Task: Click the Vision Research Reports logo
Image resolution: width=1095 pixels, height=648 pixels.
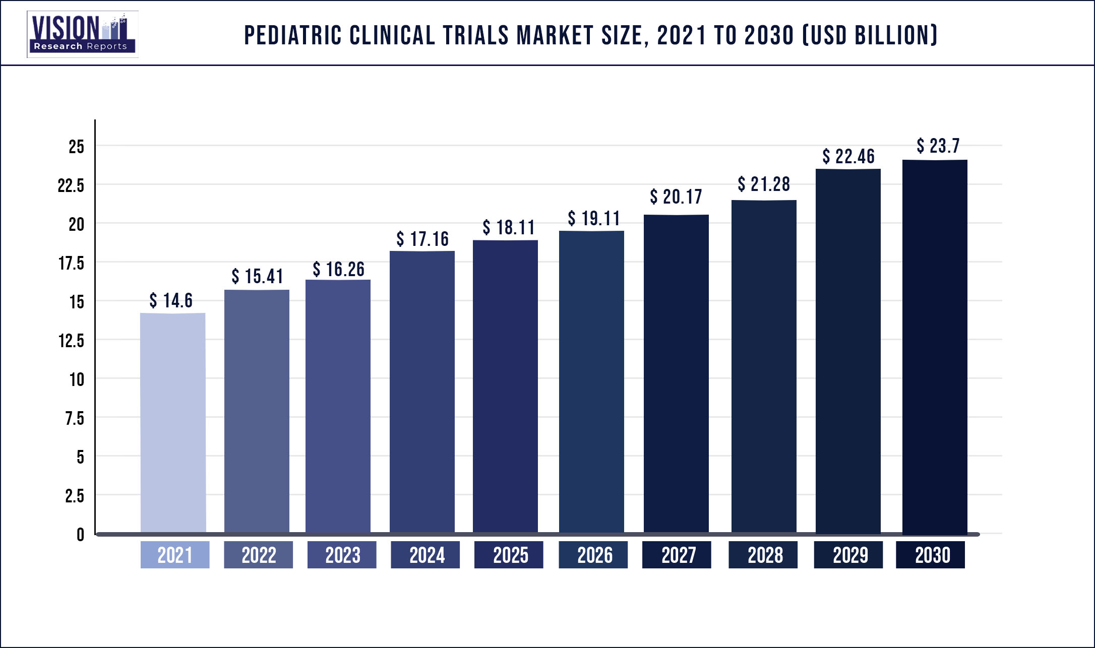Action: click(x=82, y=34)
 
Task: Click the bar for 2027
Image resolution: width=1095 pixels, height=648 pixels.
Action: click(x=676, y=373)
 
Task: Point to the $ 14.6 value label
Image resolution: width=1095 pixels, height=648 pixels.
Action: click(x=171, y=300)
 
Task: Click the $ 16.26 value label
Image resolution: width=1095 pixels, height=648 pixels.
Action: click(x=338, y=269)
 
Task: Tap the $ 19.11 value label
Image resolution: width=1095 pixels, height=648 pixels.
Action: click(x=594, y=218)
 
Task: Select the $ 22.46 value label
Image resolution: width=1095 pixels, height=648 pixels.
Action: click(x=848, y=156)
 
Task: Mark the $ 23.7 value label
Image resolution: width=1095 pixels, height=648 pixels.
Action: click(x=938, y=146)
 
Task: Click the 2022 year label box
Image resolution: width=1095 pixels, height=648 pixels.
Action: click(x=259, y=555)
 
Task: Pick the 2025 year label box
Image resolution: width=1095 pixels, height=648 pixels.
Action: click(x=509, y=555)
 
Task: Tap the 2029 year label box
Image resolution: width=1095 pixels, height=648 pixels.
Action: click(x=848, y=555)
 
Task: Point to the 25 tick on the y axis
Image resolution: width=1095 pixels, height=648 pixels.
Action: click(x=76, y=147)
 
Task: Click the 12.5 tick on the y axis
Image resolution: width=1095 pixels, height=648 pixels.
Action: click(x=71, y=341)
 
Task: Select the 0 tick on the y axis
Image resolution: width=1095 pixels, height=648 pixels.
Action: click(x=80, y=534)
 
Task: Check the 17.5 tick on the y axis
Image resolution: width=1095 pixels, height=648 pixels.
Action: click(x=71, y=263)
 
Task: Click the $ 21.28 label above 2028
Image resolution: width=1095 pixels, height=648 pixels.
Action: click(x=764, y=184)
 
